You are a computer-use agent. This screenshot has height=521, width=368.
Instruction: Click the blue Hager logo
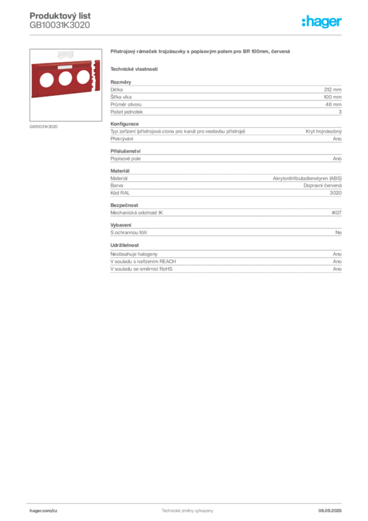(x=322, y=22)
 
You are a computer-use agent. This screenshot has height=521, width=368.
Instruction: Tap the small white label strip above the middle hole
(x=64, y=67)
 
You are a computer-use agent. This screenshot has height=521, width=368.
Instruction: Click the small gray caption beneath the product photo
(x=45, y=126)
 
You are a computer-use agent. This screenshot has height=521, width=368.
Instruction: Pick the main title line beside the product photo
(x=201, y=52)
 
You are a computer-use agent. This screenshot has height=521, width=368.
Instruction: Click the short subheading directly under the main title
(x=134, y=69)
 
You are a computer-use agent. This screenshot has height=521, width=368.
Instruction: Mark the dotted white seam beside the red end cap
(x=90, y=79)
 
